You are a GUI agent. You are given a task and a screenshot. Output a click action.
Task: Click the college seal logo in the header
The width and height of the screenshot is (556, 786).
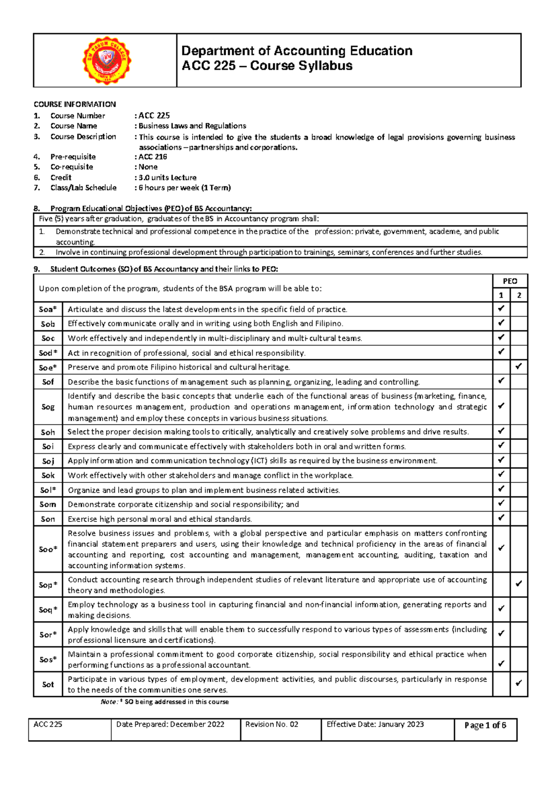point(107,61)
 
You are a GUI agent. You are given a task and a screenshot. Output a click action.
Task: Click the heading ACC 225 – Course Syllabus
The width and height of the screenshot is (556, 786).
point(267,66)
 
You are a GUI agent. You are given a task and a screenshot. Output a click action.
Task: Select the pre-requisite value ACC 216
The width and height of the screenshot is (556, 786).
point(153,157)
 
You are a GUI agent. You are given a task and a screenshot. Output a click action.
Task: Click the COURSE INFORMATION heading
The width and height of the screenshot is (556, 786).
point(75,104)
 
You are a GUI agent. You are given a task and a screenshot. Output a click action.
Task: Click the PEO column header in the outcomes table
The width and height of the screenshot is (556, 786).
point(510,281)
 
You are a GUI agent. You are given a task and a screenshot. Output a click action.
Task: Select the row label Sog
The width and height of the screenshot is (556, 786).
point(48,407)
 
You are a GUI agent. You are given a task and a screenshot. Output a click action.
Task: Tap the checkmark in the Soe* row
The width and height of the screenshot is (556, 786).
point(518,367)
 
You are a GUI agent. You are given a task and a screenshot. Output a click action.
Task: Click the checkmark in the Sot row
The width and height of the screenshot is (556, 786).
point(518,683)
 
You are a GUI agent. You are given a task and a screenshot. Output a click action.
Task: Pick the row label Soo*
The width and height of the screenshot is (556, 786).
point(48,549)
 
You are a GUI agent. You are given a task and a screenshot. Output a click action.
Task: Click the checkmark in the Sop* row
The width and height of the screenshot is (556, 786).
point(518,584)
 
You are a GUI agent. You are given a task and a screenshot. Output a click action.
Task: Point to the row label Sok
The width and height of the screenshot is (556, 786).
point(48,475)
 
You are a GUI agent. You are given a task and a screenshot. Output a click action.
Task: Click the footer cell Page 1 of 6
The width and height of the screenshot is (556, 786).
point(485,725)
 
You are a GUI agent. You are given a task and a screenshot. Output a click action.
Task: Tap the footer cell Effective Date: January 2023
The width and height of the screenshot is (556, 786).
point(375,724)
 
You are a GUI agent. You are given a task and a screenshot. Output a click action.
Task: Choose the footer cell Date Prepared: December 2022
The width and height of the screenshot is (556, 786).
point(170,724)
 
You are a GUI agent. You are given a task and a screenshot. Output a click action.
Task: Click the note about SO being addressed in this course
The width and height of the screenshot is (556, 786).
point(164,702)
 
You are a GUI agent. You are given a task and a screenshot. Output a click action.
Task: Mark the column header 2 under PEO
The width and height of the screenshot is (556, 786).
point(519,295)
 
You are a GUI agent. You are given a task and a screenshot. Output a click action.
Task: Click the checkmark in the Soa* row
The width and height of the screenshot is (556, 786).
point(501,309)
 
